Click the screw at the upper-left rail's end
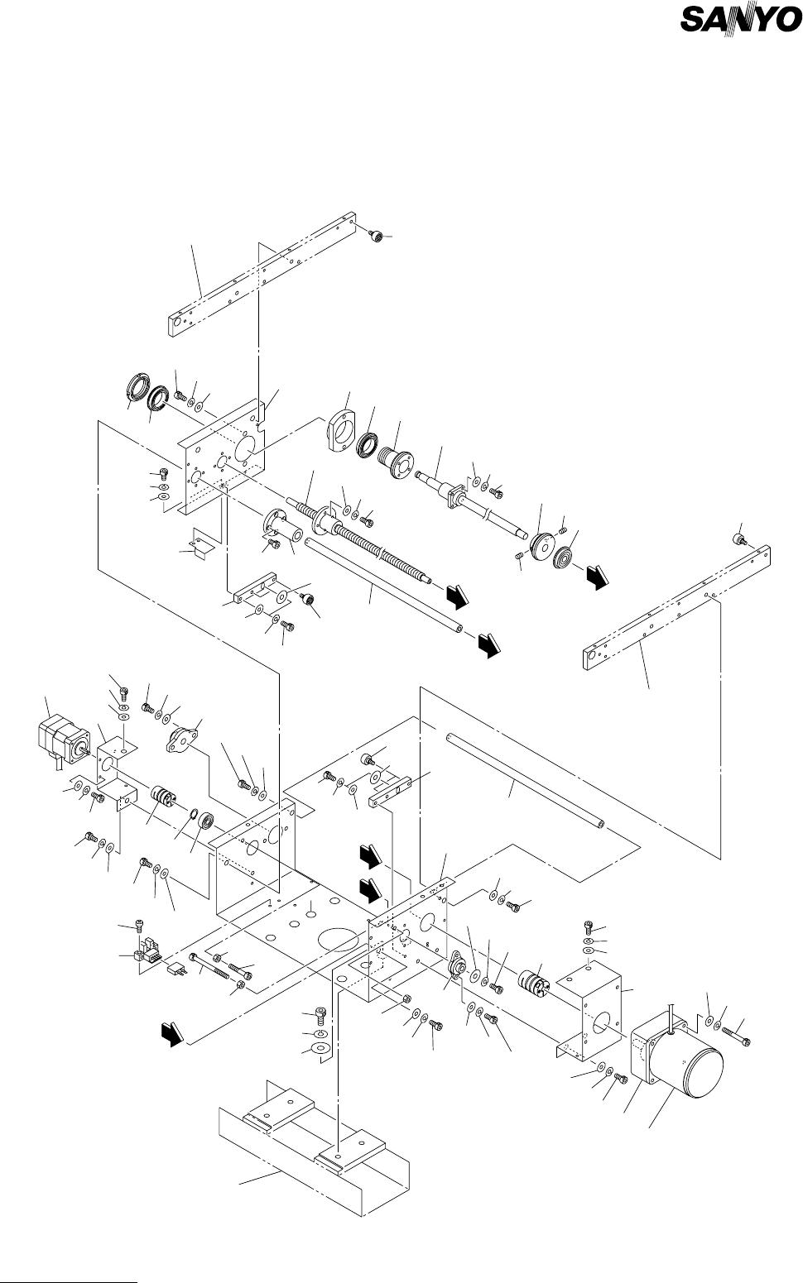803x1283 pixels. pos(377,237)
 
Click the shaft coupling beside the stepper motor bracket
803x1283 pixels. pos(162,802)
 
